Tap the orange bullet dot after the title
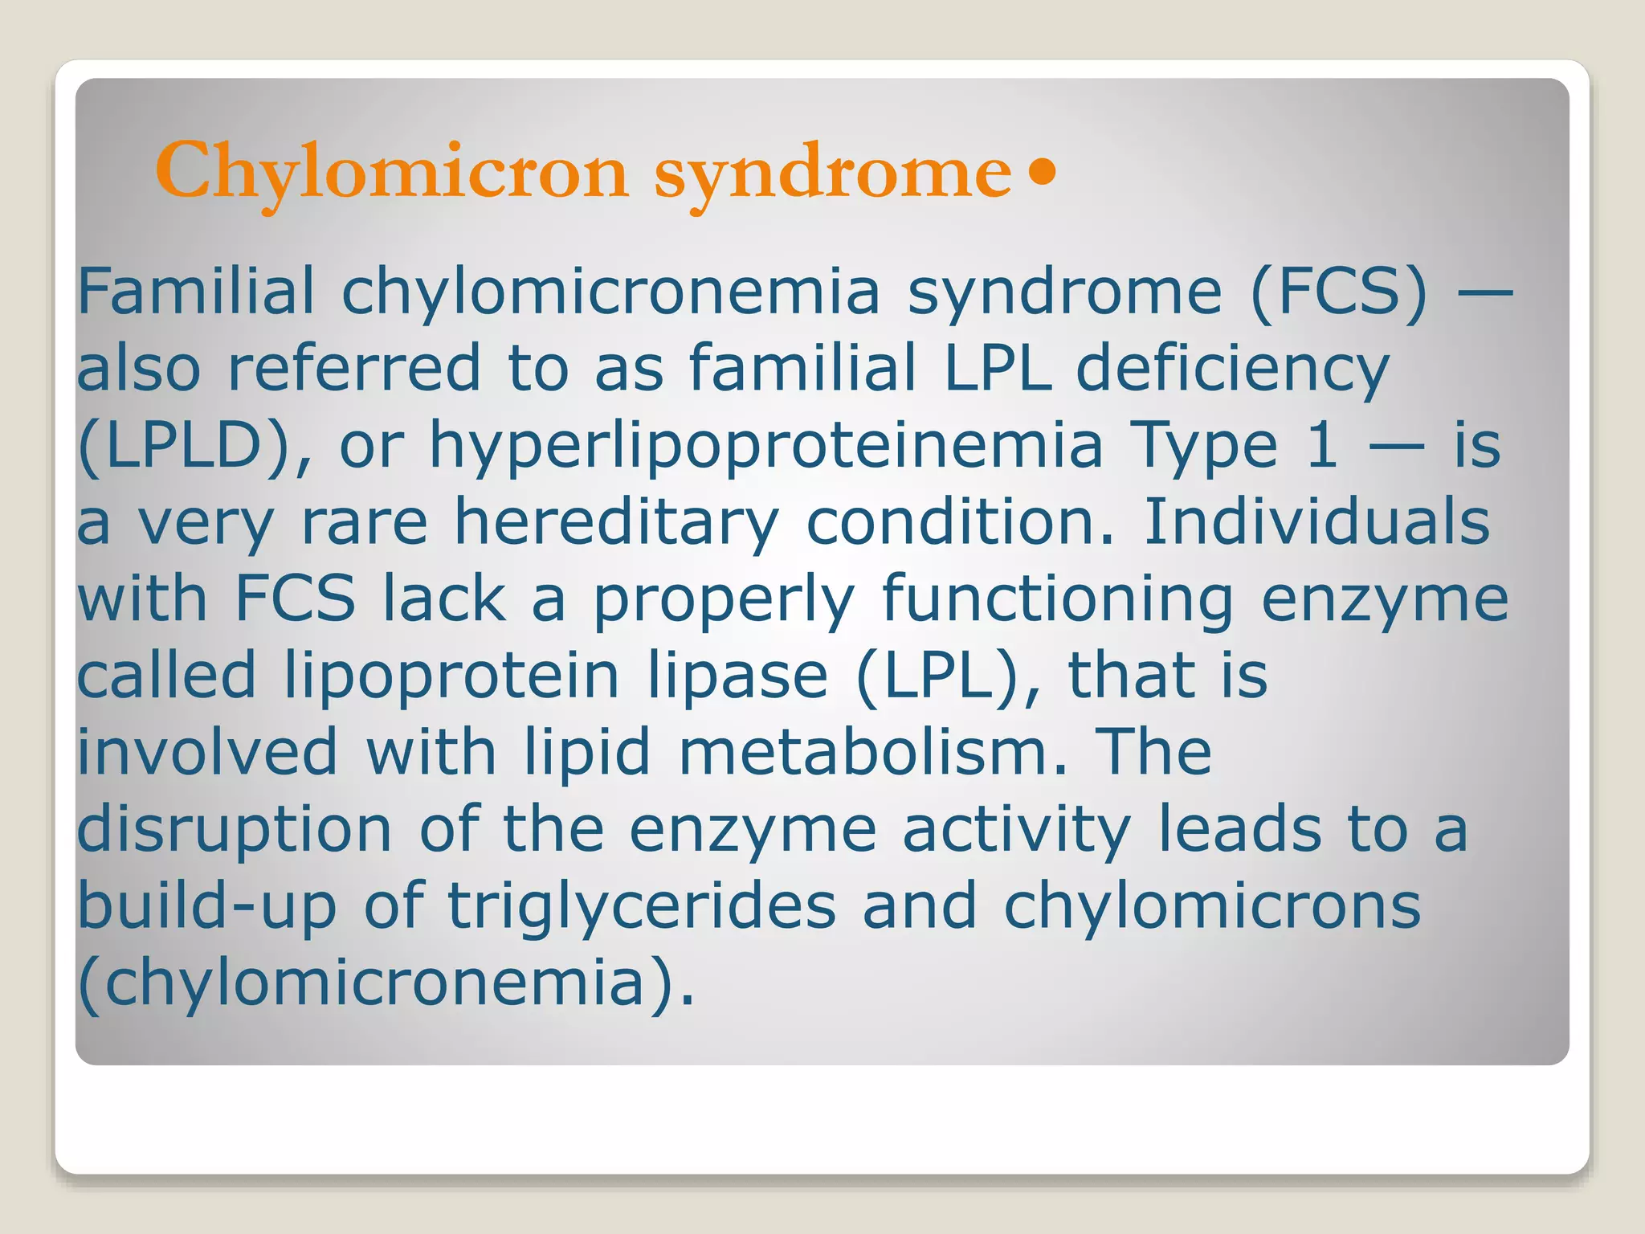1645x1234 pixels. pyautogui.click(x=1042, y=172)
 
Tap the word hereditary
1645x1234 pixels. pyautogui.click(x=616, y=522)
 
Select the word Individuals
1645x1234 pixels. pyautogui.click(x=1316, y=522)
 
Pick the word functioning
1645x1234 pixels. pyautogui.click(x=1057, y=599)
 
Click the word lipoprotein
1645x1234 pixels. pyautogui.click(x=451, y=676)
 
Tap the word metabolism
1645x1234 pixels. pyautogui.click(x=874, y=753)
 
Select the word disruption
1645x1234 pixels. pyautogui.click(x=234, y=830)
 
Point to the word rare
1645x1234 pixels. pyautogui.click(x=364, y=522)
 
